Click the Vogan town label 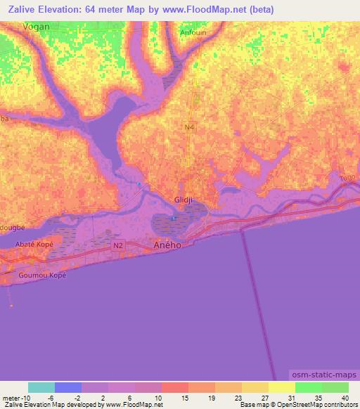pyautogui.click(x=37, y=26)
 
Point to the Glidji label pyautogui.click(x=184, y=200)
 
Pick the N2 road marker pyautogui.click(x=118, y=247)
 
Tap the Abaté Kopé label pyautogui.click(x=34, y=243)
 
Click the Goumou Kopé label pyautogui.click(x=42, y=275)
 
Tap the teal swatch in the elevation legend pyautogui.click(x=41, y=387)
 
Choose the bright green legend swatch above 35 pyautogui.click(x=308, y=387)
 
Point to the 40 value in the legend pyautogui.click(x=344, y=397)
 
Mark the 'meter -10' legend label pyautogui.click(x=15, y=397)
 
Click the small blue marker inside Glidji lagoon pyautogui.click(x=173, y=218)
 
